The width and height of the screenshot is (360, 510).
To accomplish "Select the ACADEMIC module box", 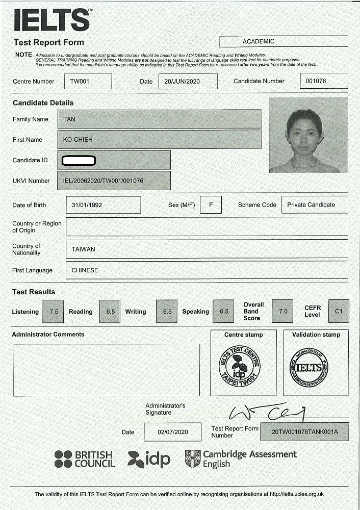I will point(284,41).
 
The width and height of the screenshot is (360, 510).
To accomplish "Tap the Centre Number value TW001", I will point(80,81).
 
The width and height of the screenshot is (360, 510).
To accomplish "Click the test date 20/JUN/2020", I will point(180,81).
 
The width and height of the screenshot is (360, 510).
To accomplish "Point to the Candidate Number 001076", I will point(316,81).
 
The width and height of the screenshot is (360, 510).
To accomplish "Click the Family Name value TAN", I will point(69,119).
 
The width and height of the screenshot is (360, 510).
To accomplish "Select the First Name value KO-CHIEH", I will point(78,140).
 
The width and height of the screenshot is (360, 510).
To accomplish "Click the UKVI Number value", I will point(102,181).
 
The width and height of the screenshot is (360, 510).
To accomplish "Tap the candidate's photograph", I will point(308,135).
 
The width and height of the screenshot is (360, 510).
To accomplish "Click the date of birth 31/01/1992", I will point(87,205).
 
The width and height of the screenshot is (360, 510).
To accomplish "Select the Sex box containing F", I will point(211,205).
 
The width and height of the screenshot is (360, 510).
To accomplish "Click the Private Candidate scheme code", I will point(311,205).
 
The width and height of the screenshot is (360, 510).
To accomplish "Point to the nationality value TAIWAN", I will point(83,249).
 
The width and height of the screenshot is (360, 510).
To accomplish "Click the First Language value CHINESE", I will point(85,270).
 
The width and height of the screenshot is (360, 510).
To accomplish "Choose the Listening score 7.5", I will point(54,312).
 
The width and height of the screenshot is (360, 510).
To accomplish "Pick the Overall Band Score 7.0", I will point(282,312).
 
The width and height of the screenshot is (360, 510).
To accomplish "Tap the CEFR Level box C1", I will point(339,311).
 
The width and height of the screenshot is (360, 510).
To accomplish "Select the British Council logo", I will point(85,460).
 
